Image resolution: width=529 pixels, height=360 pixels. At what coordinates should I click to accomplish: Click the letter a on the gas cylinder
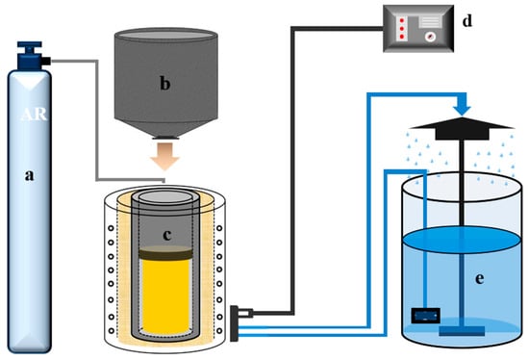[30, 175]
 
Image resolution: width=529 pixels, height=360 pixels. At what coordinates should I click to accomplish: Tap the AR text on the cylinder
[34, 115]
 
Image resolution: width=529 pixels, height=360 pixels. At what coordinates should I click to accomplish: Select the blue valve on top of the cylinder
[31, 56]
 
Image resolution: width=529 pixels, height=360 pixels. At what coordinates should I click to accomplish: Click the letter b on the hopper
[164, 83]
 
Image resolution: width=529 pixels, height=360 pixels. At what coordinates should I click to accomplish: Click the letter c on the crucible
[167, 236]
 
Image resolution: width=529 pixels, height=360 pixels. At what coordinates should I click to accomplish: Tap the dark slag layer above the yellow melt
[165, 253]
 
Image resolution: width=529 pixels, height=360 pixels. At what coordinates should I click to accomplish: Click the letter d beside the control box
[466, 20]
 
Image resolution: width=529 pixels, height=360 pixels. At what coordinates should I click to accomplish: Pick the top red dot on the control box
[402, 21]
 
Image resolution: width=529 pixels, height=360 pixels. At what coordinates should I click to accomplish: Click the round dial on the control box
[430, 37]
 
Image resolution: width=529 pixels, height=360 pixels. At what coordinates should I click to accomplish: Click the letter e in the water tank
[479, 279]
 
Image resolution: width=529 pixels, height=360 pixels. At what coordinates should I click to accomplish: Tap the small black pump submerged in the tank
[425, 316]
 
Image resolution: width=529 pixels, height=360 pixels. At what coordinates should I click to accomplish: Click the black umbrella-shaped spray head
[462, 129]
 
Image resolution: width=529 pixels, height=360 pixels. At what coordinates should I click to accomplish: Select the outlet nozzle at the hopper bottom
[165, 137]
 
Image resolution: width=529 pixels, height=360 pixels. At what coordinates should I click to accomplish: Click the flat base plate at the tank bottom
[462, 331]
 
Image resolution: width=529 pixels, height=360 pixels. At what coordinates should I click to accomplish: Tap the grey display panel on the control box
[430, 22]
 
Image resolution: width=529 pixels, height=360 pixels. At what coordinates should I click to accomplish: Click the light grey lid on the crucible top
[165, 197]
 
